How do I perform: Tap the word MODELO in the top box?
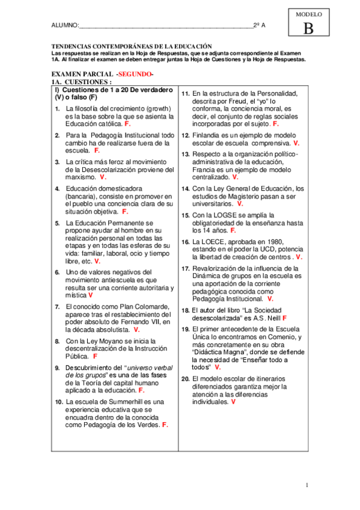point(309,14)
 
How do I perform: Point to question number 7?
point(56,307)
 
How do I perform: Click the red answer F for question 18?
point(284,317)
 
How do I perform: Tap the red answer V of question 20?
point(233,401)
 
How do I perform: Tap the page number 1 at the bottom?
point(306,485)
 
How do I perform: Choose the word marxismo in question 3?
point(81,177)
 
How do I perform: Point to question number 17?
point(186,268)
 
